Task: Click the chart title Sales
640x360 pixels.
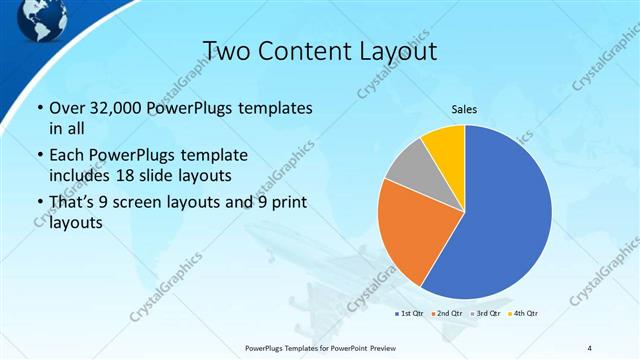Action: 464,109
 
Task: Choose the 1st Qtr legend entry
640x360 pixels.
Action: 410,314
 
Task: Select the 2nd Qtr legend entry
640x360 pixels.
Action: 448,314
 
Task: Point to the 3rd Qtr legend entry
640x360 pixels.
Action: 487,314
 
